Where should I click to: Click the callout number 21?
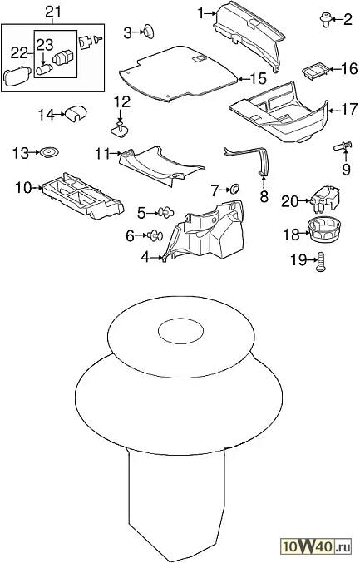[x=53, y=12]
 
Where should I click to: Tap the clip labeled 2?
[x=326, y=20]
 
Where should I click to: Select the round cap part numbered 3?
[x=149, y=32]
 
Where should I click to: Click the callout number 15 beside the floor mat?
[x=259, y=79]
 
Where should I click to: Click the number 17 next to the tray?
[x=349, y=109]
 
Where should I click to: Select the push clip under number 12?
[x=121, y=130]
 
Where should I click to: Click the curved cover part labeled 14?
[x=76, y=114]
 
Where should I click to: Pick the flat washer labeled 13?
[x=49, y=152]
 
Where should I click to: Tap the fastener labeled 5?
[x=166, y=213]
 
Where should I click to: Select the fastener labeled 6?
[x=155, y=235]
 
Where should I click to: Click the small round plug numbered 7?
[x=234, y=190]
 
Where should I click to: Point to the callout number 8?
[x=264, y=196]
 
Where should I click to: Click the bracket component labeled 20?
[x=325, y=200]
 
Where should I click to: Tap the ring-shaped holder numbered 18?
[x=324, y=231]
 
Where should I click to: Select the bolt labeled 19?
[x=321, y=262]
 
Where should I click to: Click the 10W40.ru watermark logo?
[x=316, y=547]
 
